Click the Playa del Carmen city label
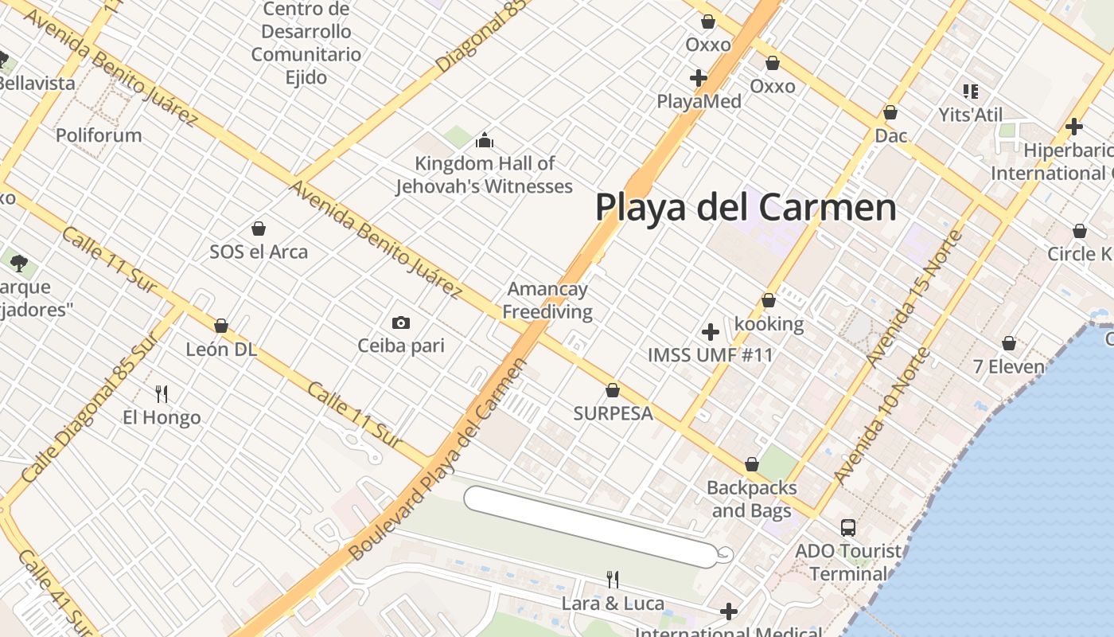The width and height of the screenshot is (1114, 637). click(x=746, y=208)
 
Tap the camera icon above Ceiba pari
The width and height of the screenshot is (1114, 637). click(x=401, y=322)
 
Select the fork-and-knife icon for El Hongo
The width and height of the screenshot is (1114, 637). click(x=162, y=393)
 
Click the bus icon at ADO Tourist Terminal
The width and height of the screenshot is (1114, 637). click(x=848, y=527)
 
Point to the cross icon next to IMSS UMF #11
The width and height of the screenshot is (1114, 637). click(x=711, y=331)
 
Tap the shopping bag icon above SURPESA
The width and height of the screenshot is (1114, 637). click(x=613, y=390)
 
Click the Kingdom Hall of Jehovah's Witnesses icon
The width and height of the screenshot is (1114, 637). click(x=485, y=141)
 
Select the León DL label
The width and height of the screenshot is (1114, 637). click(x=221, y=349)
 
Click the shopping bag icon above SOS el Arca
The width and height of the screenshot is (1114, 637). click(x=259, y=229)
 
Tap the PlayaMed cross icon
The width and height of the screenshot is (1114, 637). click(x=699, y=78)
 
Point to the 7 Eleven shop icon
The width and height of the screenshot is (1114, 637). click(x=1009, y=343)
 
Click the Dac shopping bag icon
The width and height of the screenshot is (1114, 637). click(x=890, y=112)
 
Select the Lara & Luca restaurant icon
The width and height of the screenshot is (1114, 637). click(x=613, y=579)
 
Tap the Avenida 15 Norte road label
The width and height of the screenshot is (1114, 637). click(x=915, y=299)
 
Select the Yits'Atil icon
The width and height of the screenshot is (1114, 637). click(x=970, y=92)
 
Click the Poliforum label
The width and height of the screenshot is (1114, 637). click(x=99, y=135)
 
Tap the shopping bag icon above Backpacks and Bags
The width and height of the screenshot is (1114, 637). click(x=751, y=463)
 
